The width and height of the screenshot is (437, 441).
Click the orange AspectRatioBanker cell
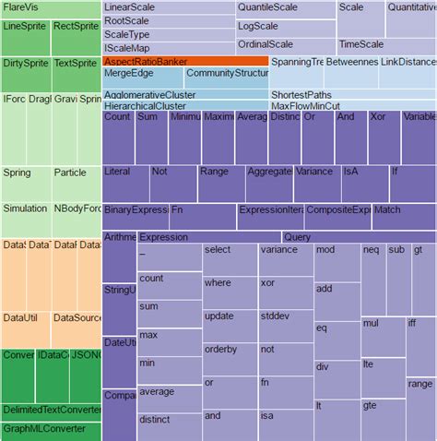coord(184,61)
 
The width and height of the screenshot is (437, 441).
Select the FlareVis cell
coord(50,8)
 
